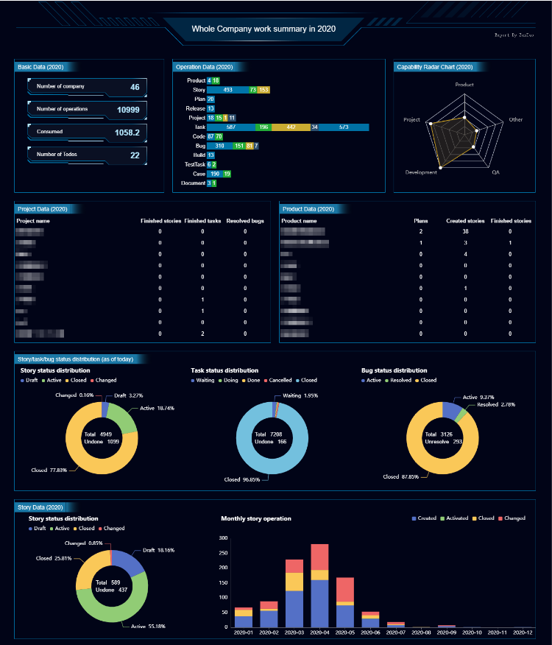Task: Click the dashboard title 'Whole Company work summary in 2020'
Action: (x=263, y=29)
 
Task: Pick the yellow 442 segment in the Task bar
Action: (x=291, y=127)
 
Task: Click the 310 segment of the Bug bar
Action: (x=219, y=146)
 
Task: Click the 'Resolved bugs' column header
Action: (x=245, y=221)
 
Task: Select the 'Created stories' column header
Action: (x=465, y=221)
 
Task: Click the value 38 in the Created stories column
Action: (x=466, y=231)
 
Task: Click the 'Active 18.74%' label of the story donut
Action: (x=157, y=408)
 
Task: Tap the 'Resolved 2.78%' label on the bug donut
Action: (x=491, y=404)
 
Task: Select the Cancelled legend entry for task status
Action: (x=280, y=381)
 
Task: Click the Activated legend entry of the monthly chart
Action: (x=456, y=518)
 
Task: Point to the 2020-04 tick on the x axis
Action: (x=319, y=632)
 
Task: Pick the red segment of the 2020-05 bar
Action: (x=345, y=589)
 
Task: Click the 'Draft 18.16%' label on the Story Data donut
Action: (x=158, y=550)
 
